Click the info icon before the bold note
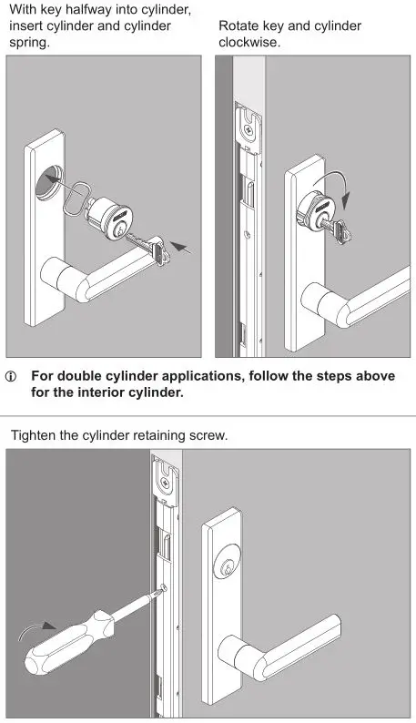12,377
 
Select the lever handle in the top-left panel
91,277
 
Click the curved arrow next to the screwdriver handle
37,627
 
